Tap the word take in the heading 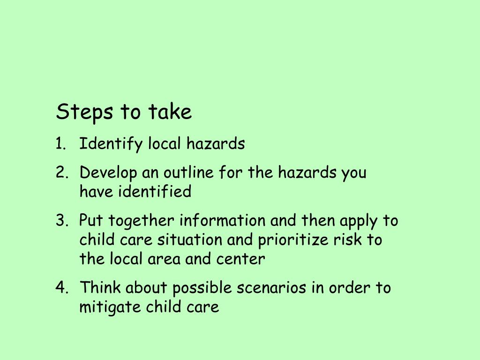coord(170,112)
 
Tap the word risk coord(347,240)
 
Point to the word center coord(240,259)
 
